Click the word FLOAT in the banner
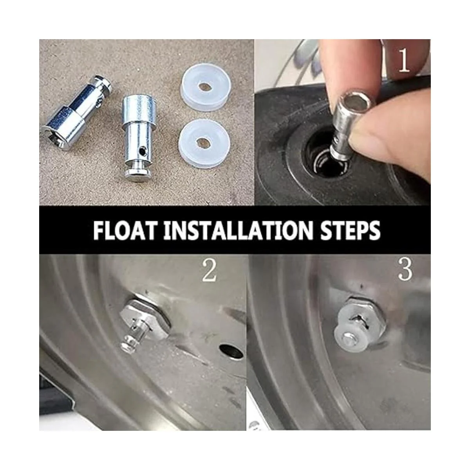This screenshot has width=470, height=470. (x=124, y=231)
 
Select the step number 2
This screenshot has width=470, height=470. (x=209, y=271)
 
